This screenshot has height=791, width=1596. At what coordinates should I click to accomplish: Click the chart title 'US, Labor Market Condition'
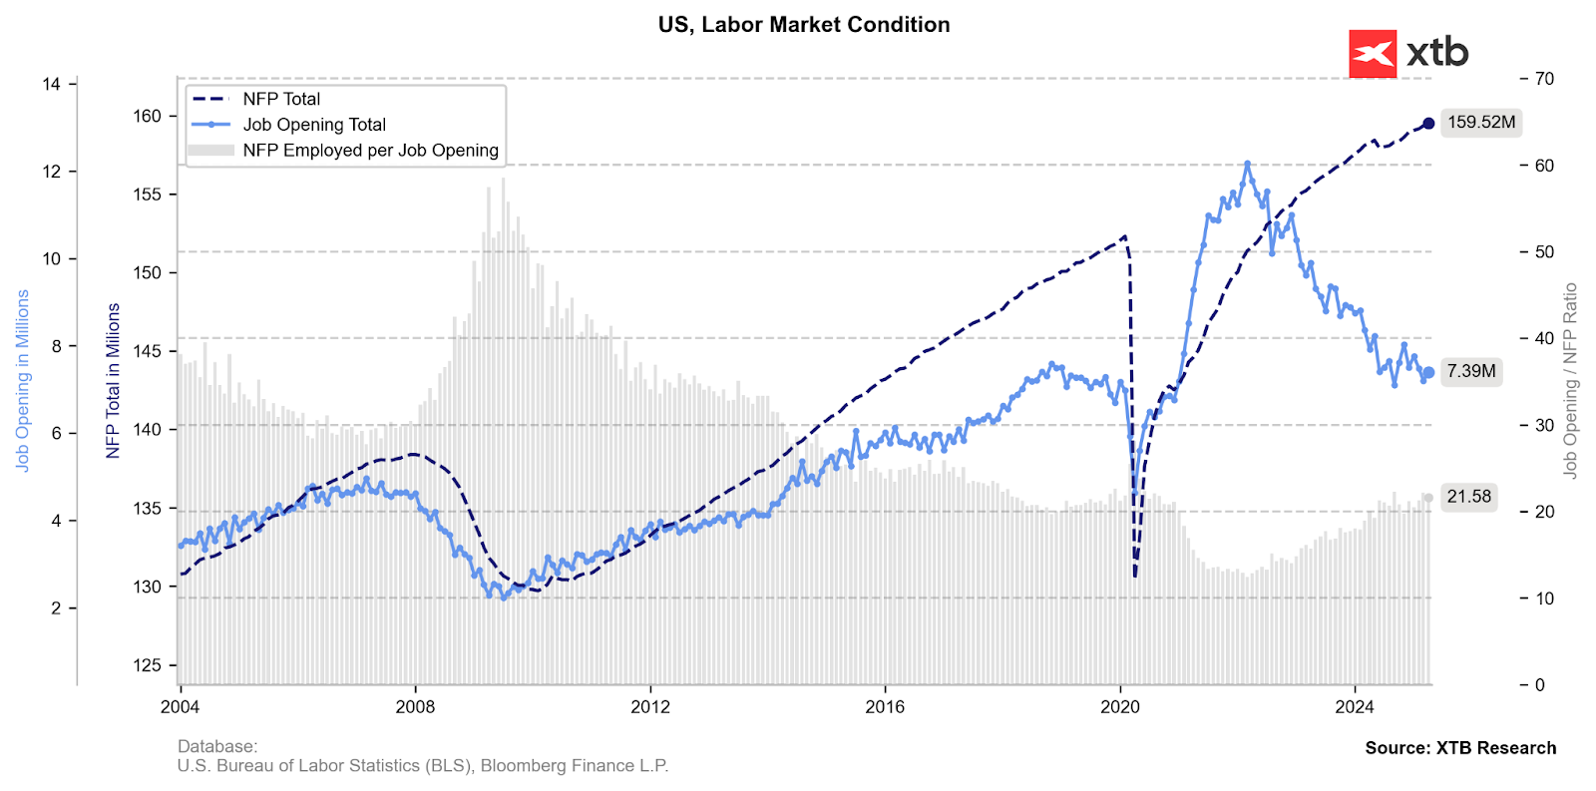(803, 25)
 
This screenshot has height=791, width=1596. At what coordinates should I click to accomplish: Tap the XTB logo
(1408, 53)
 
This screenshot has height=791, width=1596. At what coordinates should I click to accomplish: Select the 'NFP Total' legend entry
(281, 99)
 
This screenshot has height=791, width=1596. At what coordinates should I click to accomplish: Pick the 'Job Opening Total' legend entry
(314, 125)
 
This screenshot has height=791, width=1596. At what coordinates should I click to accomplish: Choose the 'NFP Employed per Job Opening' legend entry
(370, 151)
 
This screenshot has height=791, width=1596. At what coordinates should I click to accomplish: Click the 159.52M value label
(1481, 123)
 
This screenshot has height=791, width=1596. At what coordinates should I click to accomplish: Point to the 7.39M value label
(1471, 371)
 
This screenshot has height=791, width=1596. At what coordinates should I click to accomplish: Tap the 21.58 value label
(1468, 497)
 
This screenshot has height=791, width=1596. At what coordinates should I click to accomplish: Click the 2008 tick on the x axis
(415, 707)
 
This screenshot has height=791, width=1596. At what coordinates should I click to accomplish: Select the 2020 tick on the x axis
(1119, 707)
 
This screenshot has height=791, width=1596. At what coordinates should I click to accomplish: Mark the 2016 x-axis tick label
(885, 707)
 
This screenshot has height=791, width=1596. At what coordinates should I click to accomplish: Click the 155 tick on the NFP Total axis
(147, 195)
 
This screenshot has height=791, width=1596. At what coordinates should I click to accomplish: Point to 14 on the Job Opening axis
(52, 84)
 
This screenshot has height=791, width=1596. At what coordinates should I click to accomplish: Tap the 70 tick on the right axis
(1544, 79)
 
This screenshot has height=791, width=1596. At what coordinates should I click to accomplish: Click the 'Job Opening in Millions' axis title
(22, 381)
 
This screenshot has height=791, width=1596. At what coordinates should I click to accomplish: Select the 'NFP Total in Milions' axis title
(113, 381)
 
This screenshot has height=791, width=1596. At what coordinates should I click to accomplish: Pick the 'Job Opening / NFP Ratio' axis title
(1570, 381)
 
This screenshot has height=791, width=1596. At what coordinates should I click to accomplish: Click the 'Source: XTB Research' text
(1460, 748)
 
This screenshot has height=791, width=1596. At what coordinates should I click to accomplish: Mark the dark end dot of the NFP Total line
(1428, 124)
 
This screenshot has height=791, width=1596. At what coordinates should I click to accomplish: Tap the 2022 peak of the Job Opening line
(1247, 164)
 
